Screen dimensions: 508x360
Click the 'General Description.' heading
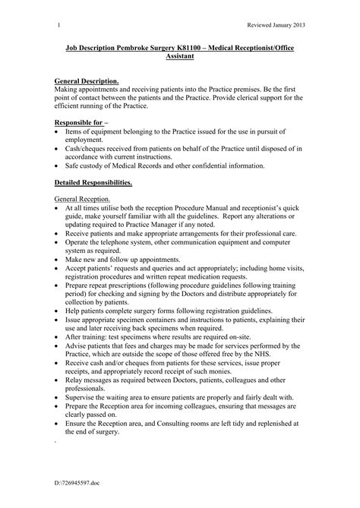(87, 80)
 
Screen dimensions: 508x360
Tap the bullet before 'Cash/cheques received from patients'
(59, 150)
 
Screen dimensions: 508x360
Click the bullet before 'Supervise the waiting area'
(59, 416)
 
